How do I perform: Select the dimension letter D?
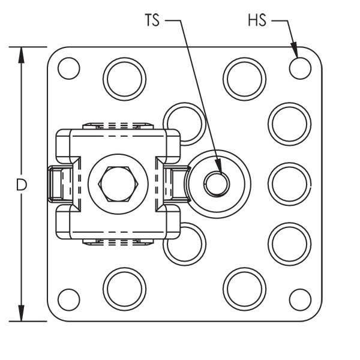pyautogui.click(x=22, y=185)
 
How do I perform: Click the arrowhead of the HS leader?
pyautogui.click(x=295, y=52)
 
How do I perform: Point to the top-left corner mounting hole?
pyautogui.click(x=69, y=68)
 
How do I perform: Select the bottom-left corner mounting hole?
pyautogui.click(x=69, y=298)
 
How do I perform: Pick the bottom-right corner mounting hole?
pyautogui.click(x=299, y=299)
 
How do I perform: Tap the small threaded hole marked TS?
pyautogui.click(x=216, y=183)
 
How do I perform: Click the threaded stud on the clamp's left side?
pyautogui.click(x=57, y=183)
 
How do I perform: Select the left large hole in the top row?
pyautogui.click(x=125, y=79)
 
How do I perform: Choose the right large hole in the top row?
pyautogui.click(x=245, y=79)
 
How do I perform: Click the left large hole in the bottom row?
pyautogui.click(x=125, y=287)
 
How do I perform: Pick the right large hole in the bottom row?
pyautogui.click(x=245, y=287)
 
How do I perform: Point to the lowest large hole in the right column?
pyautogui.click(x=289, y=244)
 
